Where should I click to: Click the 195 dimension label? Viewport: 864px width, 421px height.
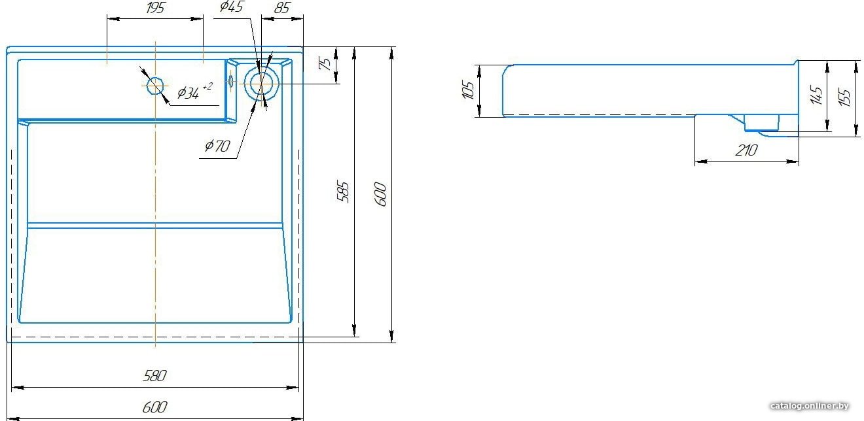155,8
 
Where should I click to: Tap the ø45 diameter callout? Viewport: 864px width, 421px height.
232,7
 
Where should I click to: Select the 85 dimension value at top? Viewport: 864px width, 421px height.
282,8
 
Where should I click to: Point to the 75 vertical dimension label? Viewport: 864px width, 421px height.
326,63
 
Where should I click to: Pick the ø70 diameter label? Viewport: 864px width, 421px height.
217,146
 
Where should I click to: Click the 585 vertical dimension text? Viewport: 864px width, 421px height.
343,191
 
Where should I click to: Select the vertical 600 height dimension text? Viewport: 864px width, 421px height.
380,194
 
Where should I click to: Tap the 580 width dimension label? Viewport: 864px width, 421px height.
154,375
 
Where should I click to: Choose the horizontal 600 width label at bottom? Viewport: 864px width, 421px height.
154,407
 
